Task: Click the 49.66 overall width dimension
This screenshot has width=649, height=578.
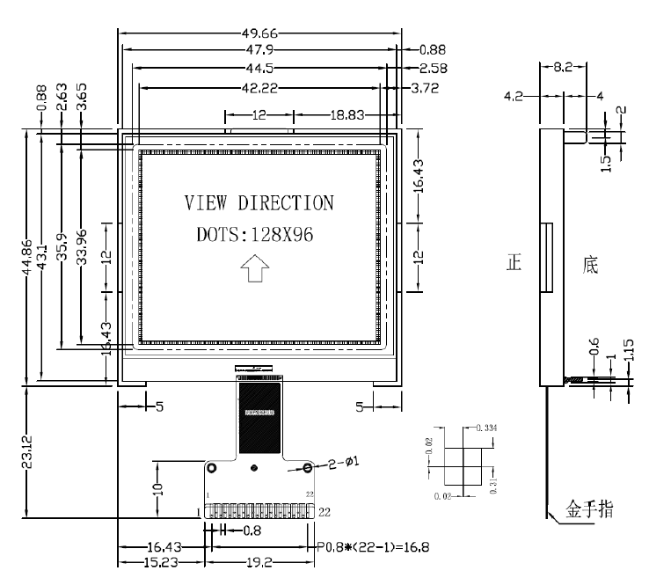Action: click(259, 33)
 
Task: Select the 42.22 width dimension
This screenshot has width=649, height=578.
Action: click(259, 86)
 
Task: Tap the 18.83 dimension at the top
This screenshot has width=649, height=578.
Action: click(346, 114)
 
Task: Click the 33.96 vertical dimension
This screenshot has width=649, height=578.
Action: click(82, 255)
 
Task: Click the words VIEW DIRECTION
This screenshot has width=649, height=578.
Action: click(259, 204)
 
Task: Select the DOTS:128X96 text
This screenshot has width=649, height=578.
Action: click(253, 235)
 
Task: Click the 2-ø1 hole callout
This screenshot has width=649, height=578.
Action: click(343, 460)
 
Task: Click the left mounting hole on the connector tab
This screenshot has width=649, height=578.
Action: click(211, 467)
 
